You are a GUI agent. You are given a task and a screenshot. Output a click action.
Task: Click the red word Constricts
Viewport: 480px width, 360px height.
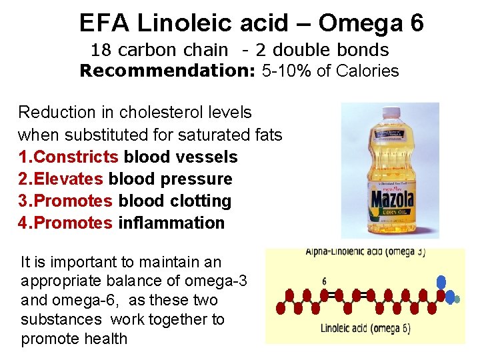(76, 157)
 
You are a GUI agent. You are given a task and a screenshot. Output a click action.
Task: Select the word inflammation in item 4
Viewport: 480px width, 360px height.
(171, 223)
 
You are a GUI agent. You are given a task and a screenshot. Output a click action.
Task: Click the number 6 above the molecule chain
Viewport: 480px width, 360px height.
(325, 281)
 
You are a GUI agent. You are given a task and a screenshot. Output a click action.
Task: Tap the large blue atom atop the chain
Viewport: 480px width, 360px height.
(440, 282)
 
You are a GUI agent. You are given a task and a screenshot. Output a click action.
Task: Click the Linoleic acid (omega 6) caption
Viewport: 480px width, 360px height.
(366, 328)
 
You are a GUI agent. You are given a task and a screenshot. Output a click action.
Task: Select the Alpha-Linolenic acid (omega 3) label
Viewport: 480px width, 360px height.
(365, 253)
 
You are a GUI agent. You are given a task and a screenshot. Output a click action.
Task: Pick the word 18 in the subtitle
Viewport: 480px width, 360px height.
(100, 50)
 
